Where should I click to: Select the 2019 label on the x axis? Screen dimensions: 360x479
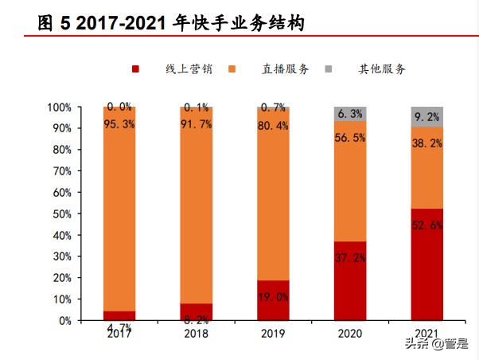click(x=273, y=332)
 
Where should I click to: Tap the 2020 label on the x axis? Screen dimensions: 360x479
click(x=349, y=332)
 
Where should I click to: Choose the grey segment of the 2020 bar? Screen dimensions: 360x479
click(x=349, y=113)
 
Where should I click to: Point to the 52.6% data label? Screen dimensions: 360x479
click(x=427, y=225)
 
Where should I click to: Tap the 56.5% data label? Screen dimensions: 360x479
click(x=350, y=137)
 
